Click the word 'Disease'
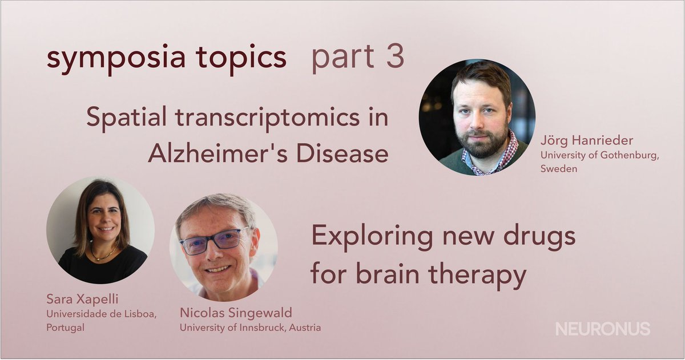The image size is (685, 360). tap(345, 153)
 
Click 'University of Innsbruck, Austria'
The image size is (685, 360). tap(250, 327)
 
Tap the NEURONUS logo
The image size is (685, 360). tap(603, 329)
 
